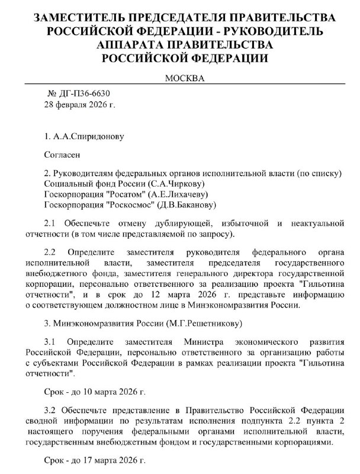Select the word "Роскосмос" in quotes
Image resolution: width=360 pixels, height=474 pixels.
(x=131, y=205)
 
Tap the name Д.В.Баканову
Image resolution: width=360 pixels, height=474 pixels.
(x=189, y=205)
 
